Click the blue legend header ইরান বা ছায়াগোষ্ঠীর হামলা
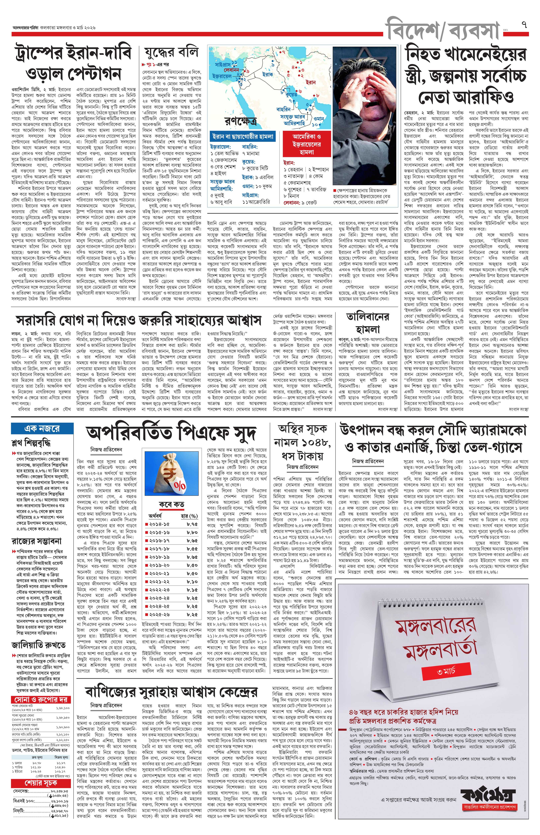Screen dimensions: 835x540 pos(242,136)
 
